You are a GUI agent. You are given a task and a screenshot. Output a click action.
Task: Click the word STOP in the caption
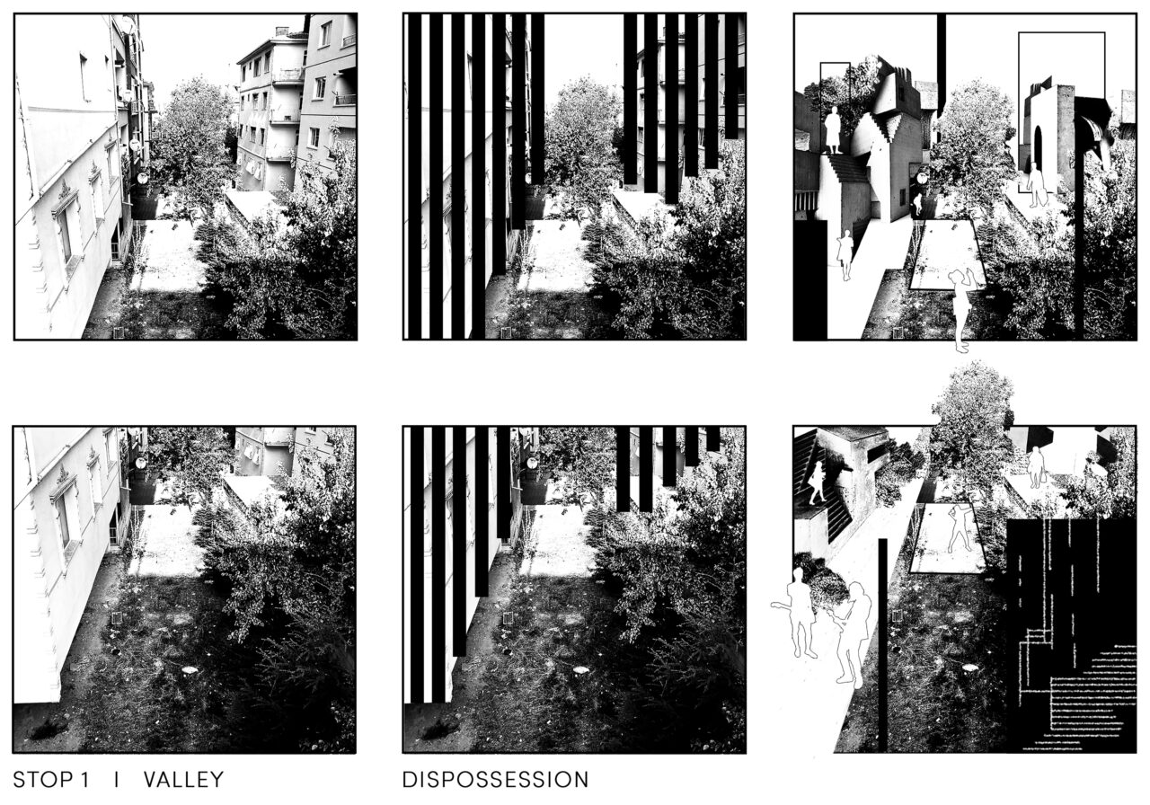click(x=44, y=779)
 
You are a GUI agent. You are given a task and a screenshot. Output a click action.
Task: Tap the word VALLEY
click(x=184, y=779)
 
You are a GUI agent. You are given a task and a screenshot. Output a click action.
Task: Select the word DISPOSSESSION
click(x=495, y=779)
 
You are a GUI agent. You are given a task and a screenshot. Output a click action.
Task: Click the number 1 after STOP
click(x=84, y=779)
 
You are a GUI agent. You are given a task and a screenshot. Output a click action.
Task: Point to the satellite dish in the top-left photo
click(x=142, y=178)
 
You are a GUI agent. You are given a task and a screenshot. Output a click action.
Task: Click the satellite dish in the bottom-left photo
click(x=139, y=463)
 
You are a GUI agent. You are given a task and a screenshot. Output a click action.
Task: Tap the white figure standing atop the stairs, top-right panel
click(x=832, y=130)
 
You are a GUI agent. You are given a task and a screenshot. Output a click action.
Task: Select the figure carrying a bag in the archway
click(x=1036, y=185)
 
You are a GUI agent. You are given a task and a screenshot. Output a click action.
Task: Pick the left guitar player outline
click(x=799, y=612)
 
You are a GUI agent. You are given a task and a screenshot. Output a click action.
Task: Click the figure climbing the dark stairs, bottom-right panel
click(x=817, y=482)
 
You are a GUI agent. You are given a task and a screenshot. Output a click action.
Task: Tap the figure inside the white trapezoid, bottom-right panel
click(x=959, y=529)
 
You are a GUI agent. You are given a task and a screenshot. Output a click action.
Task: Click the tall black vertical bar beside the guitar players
click(x=882, y=645)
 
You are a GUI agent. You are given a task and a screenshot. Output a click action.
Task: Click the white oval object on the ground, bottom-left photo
click(x=190, y=669)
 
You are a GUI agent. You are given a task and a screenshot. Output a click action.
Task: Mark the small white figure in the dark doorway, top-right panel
click(x=917, y=204)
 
